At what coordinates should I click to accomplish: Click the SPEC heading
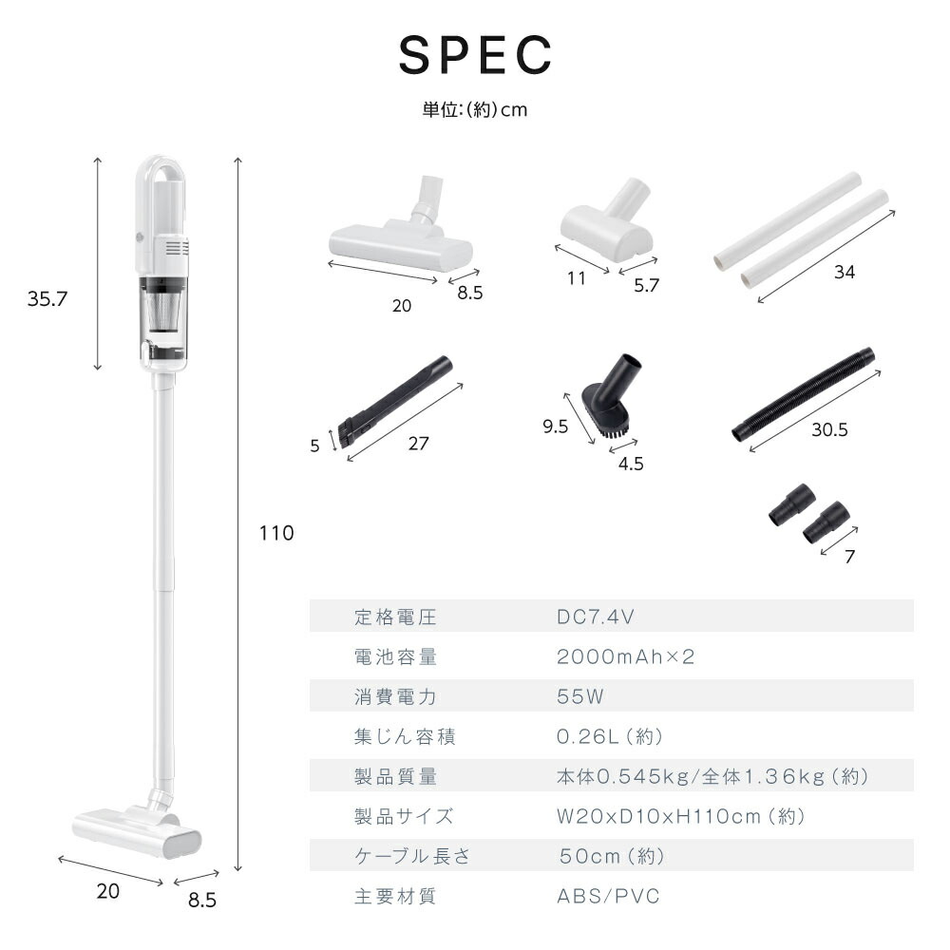pyautogui.click(x=476, y=54)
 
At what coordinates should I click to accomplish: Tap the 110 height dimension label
pyautogui.click(x=276, y=533)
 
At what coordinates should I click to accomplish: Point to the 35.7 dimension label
pyautogui.click(x=47, y=298)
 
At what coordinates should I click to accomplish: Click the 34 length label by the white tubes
pyautogui.click(x=844, y=272)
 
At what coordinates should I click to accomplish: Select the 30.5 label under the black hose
pyautogui.click(x=829, y=429)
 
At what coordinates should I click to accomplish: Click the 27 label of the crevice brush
pyautogui.click(x=418, y=444)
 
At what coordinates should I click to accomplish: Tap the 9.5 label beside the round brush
pyautogui.click(x=555, y=427)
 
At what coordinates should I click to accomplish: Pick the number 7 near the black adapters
pyautogui.click(x=849, y=556)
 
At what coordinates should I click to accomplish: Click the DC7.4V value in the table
pyautogui.click(x=595, y=617)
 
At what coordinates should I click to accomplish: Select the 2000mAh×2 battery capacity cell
pyautogui.click(x=625, y=656)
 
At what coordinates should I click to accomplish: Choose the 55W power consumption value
pyautogui.click(x=579, y=696)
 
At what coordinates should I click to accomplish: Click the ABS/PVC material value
pyautogui.click(x=608, y=896)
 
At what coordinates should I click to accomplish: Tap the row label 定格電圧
pyautogui.click(x=395, y=617)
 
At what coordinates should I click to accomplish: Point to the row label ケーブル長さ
pyautogui.click(x=412, y=856)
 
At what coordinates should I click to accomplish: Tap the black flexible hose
pyautogui.click(x=804, y=394)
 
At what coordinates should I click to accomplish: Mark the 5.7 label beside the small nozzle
pyautogui.click(x=646, y=285)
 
